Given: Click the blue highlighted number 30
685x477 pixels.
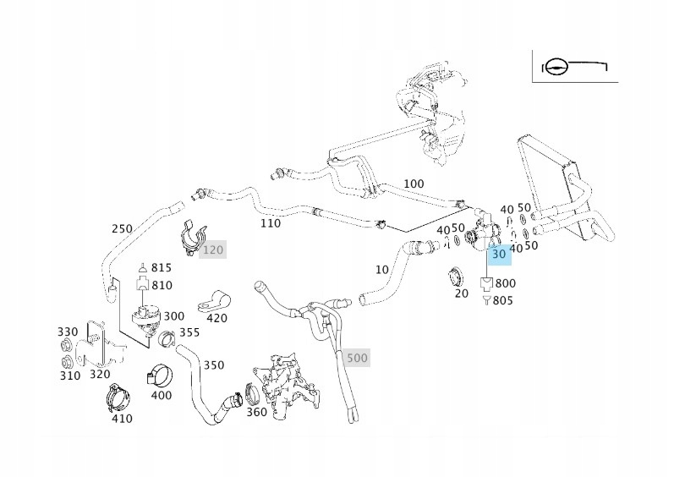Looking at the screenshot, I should coord(499,253).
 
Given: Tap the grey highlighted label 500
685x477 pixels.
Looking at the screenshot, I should coord(358,358).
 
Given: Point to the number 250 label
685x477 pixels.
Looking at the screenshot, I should coord(123,228).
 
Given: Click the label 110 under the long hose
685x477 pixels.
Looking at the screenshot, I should coord(271,223).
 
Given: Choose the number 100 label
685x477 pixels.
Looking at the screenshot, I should coord(414,184).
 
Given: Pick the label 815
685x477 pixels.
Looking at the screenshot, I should coord(162,268).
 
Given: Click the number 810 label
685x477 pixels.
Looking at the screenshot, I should coord(162,285).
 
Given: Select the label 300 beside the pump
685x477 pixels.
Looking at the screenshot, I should coord(173,315).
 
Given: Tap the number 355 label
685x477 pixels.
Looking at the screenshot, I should coord(189,332).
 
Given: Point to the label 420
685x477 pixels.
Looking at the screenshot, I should coord(217,318).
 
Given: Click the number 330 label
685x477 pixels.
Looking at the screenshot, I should coord(68,332).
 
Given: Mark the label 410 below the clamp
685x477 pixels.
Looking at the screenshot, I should coord(122,417).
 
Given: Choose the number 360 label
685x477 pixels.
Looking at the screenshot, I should coord(257,412).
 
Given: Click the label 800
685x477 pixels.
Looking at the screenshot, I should coord(506,283).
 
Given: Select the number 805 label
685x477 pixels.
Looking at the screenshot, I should coord(502,300).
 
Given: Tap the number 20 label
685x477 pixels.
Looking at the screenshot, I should coord(461,293).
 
